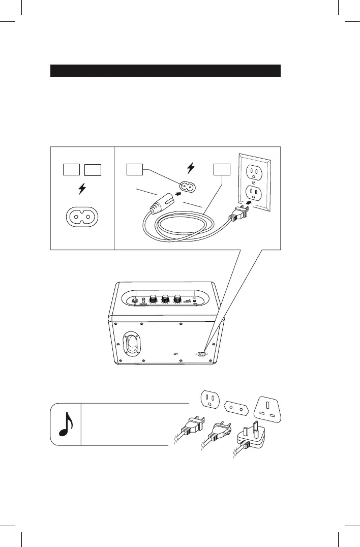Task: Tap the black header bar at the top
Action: (x=165, y=70)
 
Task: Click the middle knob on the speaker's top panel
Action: (x=165, y=300)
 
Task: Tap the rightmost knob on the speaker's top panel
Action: (x=177, y=300)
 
